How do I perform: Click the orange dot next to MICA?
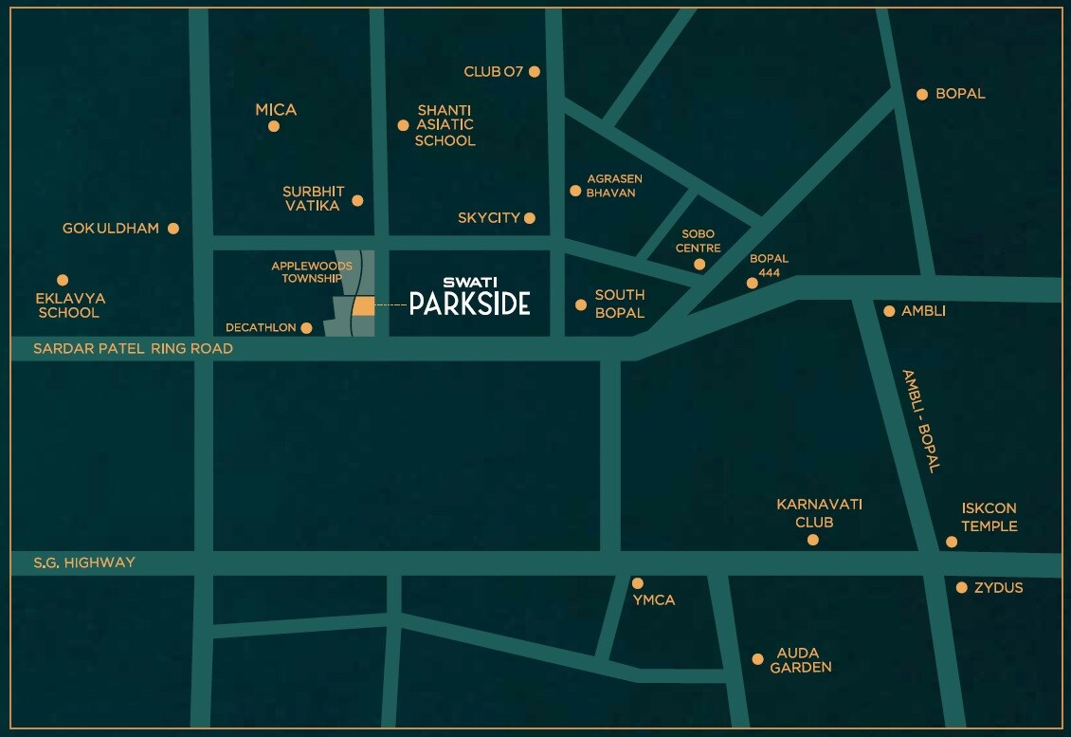274,126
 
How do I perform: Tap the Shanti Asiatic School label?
445,125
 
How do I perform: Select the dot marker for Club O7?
535,71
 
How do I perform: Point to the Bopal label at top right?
960,94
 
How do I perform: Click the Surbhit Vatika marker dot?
357,200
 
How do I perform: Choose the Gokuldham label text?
111,229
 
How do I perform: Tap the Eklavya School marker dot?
63,280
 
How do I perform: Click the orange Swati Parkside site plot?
363,305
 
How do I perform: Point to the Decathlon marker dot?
306,328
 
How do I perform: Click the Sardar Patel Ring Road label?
133,348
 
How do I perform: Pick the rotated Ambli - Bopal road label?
919,421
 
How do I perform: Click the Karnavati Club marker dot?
812,540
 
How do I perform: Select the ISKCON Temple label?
989,517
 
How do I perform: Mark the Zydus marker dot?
961,588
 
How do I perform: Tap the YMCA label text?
654,600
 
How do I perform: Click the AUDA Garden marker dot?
757,659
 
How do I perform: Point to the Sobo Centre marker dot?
699,265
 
